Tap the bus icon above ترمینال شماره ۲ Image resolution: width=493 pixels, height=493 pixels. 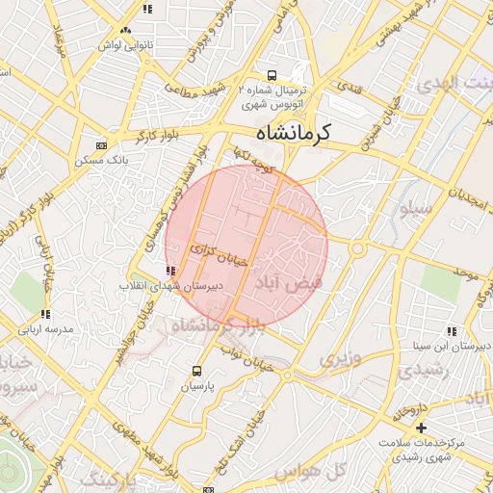tap(272, 74)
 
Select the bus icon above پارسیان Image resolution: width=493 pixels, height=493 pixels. tap(197, 371)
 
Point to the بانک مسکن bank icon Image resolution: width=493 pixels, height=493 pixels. tap(102, 145)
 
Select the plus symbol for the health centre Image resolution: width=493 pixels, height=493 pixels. tap(421, 427)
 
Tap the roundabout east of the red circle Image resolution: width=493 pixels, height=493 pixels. tap(357, 248)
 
